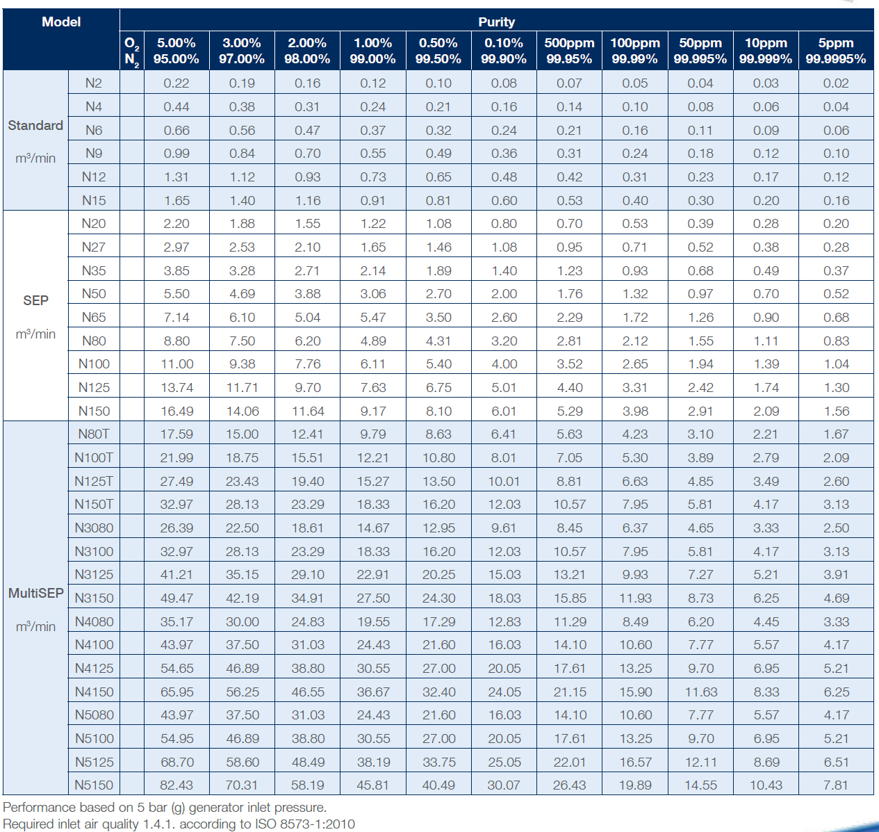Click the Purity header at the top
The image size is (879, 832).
tap(496, 22)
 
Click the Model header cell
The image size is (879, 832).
tap(61, 22)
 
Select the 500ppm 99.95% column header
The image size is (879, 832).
tap(569, 51)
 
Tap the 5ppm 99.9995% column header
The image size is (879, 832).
tap(836, 51)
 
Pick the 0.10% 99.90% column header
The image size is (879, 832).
tap(504, 51)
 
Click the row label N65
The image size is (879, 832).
tap(94, 317)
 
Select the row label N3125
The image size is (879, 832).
tap(94, 574)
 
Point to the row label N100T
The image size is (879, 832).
tap(94, 457)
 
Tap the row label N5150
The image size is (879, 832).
tap(94, 785)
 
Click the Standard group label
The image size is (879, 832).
tap(35, 125)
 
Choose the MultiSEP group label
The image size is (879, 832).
tap(35, 593)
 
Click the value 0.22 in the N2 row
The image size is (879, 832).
tap(176, 83)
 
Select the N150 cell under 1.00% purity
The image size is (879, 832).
tap(373, 411)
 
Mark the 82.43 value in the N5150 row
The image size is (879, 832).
tap(176, 785)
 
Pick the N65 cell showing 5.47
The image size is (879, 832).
tap(373, 317)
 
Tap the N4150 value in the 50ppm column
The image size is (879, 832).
tap(700, 692)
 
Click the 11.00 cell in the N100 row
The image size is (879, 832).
tap(176, 364)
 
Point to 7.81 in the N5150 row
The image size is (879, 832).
tap(836, 785)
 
